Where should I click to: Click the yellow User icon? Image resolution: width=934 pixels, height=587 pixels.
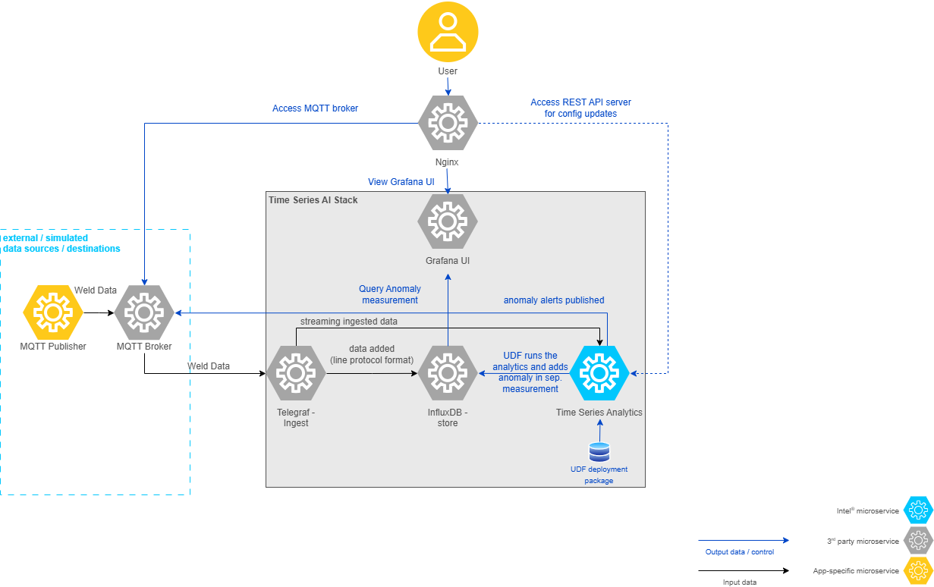pyautogui.click(x=448, y=31)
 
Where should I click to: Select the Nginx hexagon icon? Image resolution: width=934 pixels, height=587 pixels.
pyautogui.click(x=448, y=123)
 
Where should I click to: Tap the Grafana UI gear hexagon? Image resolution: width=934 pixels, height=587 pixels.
pyautogui.click(x=448, y=221)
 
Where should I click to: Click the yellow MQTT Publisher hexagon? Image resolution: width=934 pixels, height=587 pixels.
pyautogui.click(x=53, y=312)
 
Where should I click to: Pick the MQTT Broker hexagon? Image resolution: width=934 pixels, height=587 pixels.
pyautogui.click(x=144, y=312)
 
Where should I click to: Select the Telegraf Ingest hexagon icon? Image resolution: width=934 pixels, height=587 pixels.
pyautogui.click(x=296, y=373)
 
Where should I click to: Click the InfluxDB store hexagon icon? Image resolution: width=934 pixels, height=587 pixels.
pyautogui.click(x=448, y=373)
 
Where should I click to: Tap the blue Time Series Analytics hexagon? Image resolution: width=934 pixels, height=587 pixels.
pyautogui.click(x=599, y=373)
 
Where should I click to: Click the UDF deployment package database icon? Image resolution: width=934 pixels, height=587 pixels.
pyautogui.click(x=599, y=452)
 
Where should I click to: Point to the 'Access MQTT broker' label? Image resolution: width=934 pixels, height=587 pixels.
pyautogui.click(x=315, y=108)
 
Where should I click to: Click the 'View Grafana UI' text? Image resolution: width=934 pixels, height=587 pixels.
pyautogui.click(x=401, y=182)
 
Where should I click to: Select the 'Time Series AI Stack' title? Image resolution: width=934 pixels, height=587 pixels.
pyautogui.click(x=313, y=200)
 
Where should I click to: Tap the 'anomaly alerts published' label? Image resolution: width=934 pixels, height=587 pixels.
pyautogui.click(x=554, y=300)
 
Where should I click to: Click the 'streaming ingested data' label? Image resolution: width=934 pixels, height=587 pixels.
pyautogui.click(x=349, y=322)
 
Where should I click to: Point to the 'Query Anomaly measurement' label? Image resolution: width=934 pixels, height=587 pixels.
pyautogui.click(x=390, y=294)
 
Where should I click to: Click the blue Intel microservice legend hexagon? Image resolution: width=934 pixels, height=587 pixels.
pyautogui.click(x=917, y=511)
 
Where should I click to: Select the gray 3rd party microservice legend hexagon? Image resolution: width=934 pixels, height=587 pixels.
pyautogui.click(x=917, y=541)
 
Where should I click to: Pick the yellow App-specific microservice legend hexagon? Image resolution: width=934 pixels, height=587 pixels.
pyautogui.click(x=917, y=570)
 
